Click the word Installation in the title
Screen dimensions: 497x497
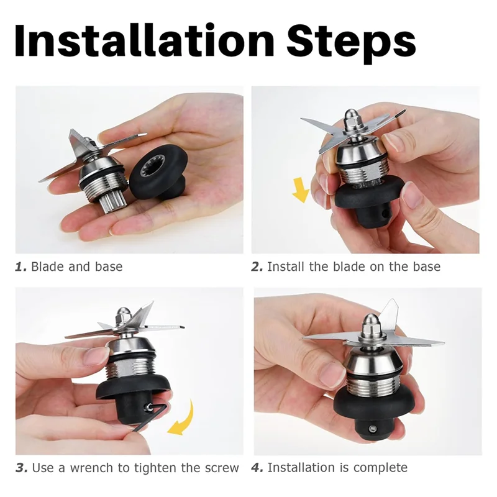click(144, 41)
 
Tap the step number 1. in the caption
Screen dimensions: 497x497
click(21, 267)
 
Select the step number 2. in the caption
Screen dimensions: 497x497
click(257, 267)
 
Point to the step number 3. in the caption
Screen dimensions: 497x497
click(22, 468)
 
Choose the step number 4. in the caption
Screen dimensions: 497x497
click(257, 468)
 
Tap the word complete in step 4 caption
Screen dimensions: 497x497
click(380, 468)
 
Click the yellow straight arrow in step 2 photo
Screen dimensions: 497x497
click(301, 189)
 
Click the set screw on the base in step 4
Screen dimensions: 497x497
click(372, 429)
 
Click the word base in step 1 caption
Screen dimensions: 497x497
click(109, 267)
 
